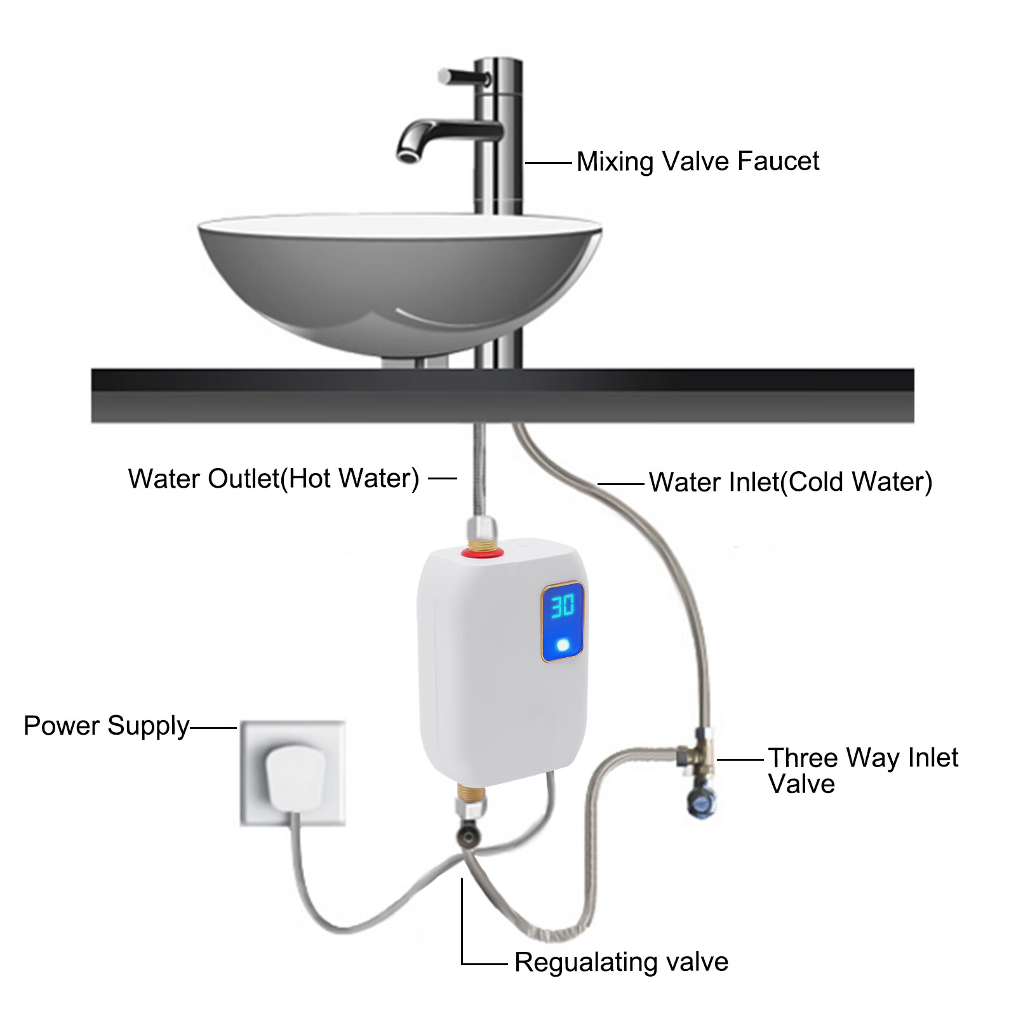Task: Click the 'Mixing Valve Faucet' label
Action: pyautogui.click(x=697, y=161)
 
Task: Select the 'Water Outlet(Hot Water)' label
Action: pyautogui.click(x=274, y=478)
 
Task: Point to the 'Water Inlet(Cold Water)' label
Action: pyautogui.click(x=790, y=482)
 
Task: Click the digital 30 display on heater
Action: pyautogui.click(x=562, y=606)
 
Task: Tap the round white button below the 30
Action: pyautogui.click(x=563, y=645)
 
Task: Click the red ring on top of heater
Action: pyautogui.click(x=483, y=552)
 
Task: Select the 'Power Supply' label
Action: pyautogui.click(x=106, y=726)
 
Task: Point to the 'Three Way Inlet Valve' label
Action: pyautogui.click(x=862, y=770)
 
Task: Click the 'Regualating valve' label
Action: pyautogui.click(x=621, y=961)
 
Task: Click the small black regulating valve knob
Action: pyautogui.click(x=469, y=835)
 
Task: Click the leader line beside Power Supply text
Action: pyautogui.click(x=213, y=728)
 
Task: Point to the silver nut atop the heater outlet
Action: pyautogui.click(x=482, y=528)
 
